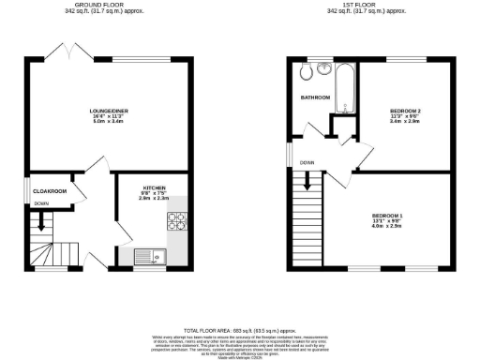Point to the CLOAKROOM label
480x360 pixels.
49,191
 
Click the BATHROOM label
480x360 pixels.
315,97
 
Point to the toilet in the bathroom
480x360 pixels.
305,75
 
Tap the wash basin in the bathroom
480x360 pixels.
324,67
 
